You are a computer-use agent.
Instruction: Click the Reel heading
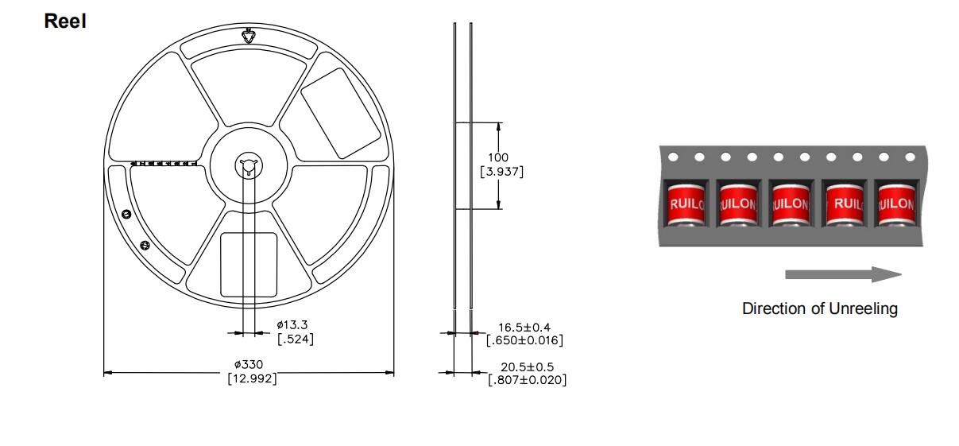pos(65,21)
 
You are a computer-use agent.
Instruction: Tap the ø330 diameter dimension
pos(249,365)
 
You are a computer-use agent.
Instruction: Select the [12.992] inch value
pos(252,378)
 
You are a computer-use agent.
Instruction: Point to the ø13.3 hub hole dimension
pos(292,324)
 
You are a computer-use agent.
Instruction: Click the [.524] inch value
pos(296,339)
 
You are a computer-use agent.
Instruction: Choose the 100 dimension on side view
pos(498,157)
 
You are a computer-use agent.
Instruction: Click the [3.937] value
pos(502,172)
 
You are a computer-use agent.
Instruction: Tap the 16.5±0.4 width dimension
pos(524,328)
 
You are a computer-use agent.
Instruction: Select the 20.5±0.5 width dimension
pos(527,366)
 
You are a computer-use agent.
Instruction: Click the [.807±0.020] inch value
pos(527,379)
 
